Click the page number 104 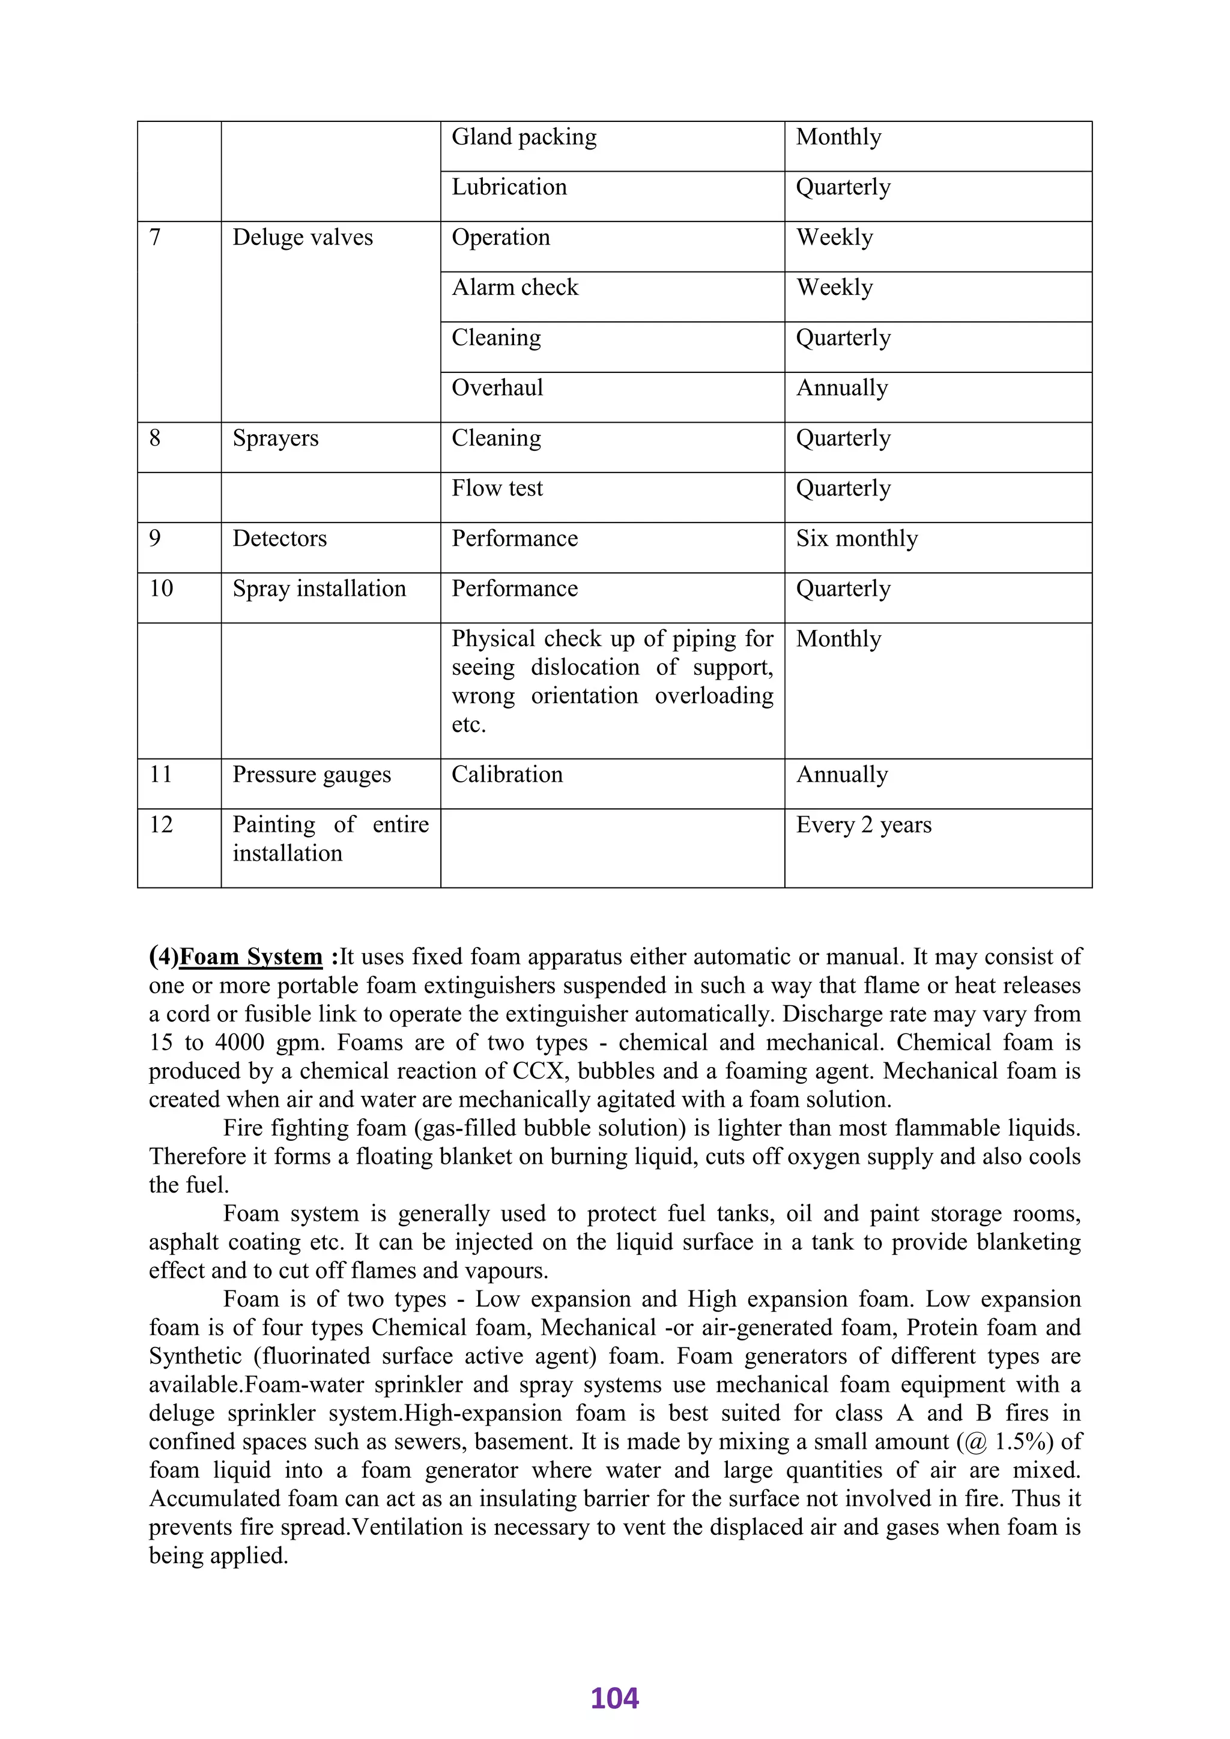pos(614,1698)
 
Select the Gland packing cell pos(524,137)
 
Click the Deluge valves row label pos(302,238)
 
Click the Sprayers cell pos(275,438)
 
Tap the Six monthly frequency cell pos(856,539)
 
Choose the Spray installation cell pos(319,588)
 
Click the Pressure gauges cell pos(311,775)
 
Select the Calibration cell pos(507,775)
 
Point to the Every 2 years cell pos(864,825)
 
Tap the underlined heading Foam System pos(250,957)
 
